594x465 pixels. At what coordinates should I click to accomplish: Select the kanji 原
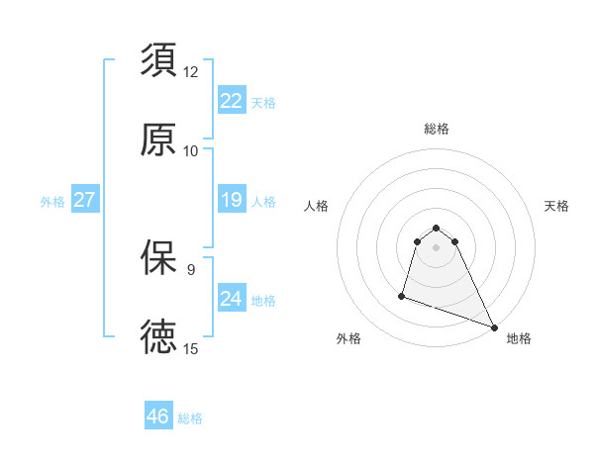point(159,139)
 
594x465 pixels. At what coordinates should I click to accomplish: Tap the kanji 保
point(159,258)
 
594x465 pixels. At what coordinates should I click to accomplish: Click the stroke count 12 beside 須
point(191,72)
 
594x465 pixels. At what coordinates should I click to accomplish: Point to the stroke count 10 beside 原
point(191,151)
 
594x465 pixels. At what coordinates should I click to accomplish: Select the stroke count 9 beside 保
point(191,268)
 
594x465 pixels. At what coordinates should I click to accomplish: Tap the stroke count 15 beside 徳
point(191,348)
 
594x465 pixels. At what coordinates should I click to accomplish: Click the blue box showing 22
point(231,100)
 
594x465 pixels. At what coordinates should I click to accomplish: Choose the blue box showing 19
point(231,200)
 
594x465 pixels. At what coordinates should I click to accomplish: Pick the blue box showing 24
point(231,298)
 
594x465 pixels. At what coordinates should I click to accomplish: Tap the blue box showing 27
point(84,200)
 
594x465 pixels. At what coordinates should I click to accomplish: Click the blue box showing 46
point(157,417)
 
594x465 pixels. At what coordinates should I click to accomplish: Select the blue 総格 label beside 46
point(190,418)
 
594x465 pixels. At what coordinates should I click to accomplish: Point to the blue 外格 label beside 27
point(52,202)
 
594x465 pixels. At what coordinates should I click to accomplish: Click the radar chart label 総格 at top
point(437,129)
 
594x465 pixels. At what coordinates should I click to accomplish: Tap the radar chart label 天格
point(557,206)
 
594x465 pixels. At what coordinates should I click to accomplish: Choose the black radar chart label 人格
point(317,206)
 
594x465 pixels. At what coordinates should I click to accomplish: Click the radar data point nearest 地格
point(492,325)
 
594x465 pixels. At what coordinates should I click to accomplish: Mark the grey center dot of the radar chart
point(437,259)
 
